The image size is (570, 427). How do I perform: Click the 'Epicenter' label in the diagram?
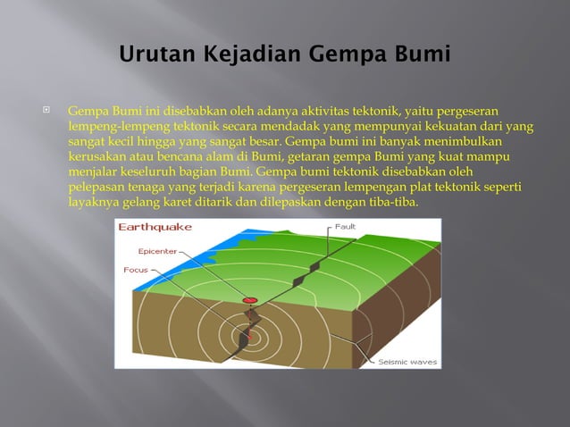point(157,251)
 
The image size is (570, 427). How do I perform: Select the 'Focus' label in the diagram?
point(137,269)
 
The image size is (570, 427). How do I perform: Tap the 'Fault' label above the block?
point(346,227)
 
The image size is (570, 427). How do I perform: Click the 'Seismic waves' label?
point(407,362)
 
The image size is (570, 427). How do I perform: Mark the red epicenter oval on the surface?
point(250,300)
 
